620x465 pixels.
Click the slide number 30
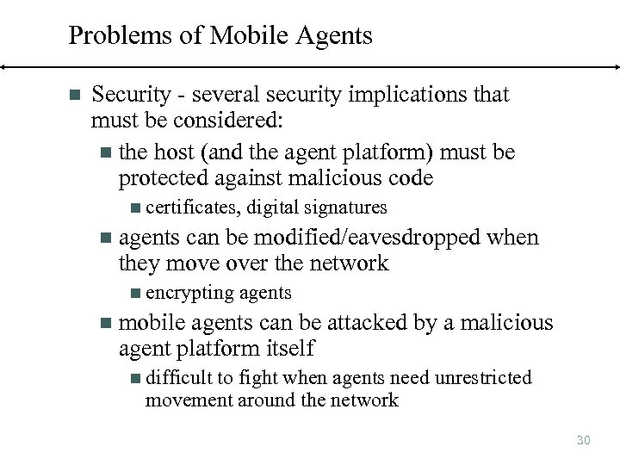click(x=583, y=440)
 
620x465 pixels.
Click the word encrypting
click(x=189, y=293)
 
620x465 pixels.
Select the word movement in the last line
click(x=186, y=400)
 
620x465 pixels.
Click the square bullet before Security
click(x=73, y=94)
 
